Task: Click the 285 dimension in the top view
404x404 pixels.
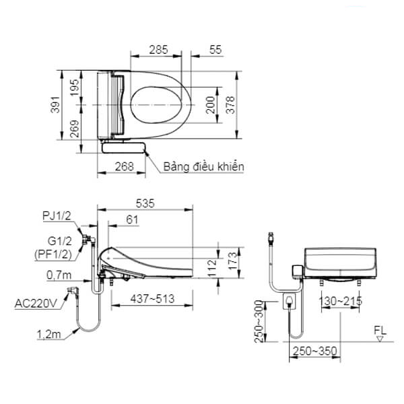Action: [x=158, y=49]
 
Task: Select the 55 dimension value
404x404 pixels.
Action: [x=216, y=49]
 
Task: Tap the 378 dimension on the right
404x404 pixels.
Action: [x=230, y=104]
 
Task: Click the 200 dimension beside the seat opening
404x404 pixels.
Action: [x=210, y=105]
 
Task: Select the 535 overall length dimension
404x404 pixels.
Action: [x=145, y=203]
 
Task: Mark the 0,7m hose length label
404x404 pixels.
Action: [x=60, y=274]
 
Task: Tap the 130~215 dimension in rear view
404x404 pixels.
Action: [x=338, y=300]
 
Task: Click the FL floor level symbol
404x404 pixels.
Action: [x=380, y=332]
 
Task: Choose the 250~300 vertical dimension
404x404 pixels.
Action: [x=257, y=322]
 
